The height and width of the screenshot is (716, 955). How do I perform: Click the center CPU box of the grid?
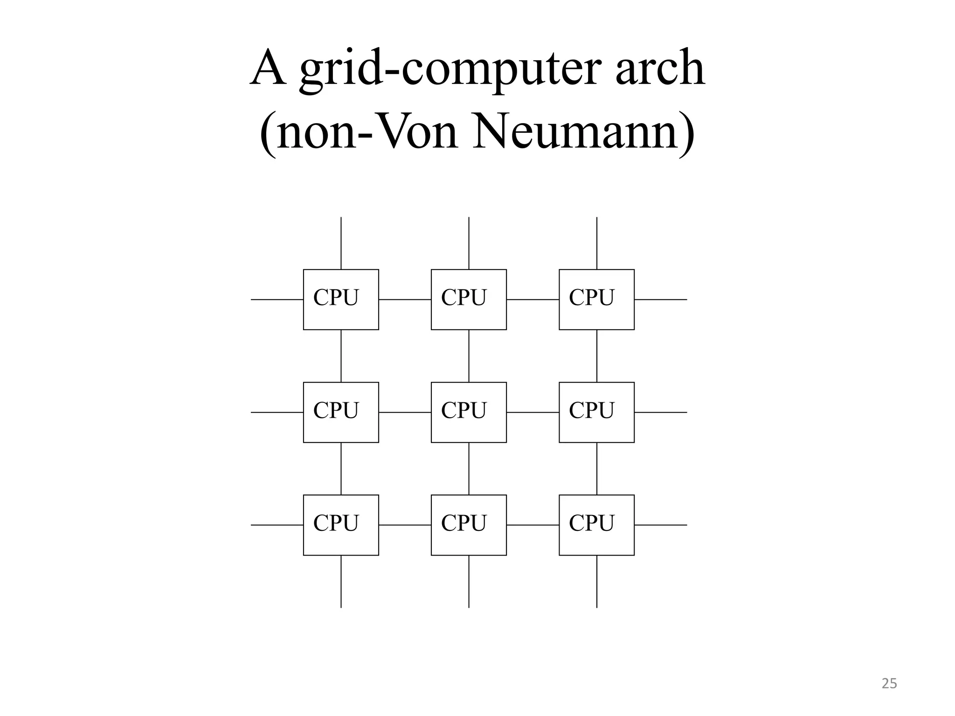(x=469, y=412)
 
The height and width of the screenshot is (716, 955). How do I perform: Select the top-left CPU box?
(x=341, y=299)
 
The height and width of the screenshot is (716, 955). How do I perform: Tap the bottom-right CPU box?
(x=596, y=525)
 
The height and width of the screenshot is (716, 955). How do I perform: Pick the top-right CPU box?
(x=596, y=299)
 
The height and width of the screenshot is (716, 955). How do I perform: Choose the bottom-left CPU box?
(x=341, y=525)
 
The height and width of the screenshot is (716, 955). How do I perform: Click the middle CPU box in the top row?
(x=469, y=299)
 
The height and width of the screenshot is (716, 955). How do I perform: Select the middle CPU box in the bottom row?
(x=469, y=525)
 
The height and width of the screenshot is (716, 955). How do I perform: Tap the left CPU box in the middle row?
(x=341, y=412)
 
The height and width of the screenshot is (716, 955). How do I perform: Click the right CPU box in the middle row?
(x=596, y=412)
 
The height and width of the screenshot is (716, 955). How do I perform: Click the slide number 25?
(x=889, y=683)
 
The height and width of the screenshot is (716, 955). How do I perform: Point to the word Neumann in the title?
(x=583, y=132)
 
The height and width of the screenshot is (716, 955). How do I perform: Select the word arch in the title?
(x=660, y=69)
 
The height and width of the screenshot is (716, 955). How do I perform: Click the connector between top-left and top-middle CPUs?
(x=405, y=300)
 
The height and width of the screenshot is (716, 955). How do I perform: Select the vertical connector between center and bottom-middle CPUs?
(x=469, y=468)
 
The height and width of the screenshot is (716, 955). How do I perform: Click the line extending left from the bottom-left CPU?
(x=277, y=525)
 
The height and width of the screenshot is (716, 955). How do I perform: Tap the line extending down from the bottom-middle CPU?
(x=469, y=581)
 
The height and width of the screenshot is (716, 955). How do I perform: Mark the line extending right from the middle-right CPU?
(x=660, y=413)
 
